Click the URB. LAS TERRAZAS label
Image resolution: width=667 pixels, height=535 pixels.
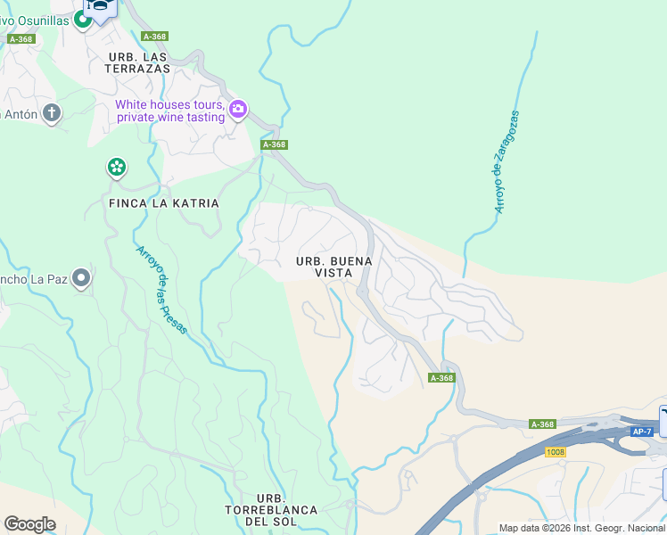(138, 62)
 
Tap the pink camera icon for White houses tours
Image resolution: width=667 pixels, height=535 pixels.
(238, 110)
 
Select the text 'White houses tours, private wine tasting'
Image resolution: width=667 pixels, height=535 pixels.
(169, 111)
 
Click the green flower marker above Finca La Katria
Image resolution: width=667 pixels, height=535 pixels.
(116, 167)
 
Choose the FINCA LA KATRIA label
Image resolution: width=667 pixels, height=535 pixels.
(163, 203)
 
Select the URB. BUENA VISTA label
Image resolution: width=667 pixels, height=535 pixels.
(333, 267)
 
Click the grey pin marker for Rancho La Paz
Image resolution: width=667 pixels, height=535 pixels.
(82, 279)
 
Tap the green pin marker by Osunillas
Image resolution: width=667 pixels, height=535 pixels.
(83, 20)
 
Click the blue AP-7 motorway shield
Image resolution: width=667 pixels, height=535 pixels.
(641, 432)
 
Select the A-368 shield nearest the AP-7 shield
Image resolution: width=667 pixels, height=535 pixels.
(542, 424)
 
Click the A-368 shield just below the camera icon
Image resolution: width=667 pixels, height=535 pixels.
(274, 144)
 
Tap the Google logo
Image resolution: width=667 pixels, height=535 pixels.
(29, 524)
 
